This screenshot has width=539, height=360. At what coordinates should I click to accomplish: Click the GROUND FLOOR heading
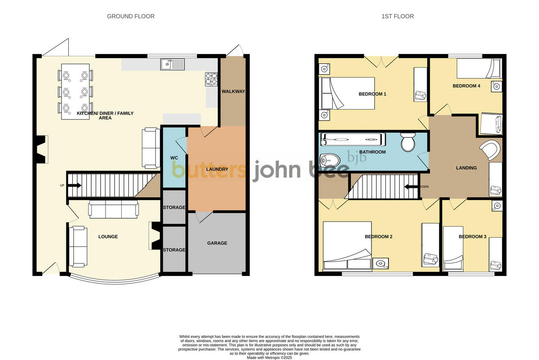pos(130,16)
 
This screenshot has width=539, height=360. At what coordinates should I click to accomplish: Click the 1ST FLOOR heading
pos(398,16)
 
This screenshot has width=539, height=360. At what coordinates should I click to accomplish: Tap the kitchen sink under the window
pos(172,65)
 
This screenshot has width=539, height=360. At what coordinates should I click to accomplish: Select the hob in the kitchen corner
pos(211,79)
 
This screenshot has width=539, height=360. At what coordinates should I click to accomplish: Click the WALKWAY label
pos(233,92)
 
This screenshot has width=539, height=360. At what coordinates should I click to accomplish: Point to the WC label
pos(174,158)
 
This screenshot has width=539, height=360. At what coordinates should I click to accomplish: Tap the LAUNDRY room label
pos(217,169)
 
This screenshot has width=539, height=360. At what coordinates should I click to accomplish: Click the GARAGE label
pos(217,243)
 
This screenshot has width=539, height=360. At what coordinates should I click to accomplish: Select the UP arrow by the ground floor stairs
pos(74,185)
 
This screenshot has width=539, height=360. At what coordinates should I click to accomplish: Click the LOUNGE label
pos(108,236)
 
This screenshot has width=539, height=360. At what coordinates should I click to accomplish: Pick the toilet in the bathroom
pos(408,142)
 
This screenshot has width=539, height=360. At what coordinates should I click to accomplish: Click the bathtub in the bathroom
pos(352,139)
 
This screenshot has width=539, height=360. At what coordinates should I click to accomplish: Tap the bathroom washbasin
pos(330,160)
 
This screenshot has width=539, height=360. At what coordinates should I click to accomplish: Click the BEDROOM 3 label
pos(473,236)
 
